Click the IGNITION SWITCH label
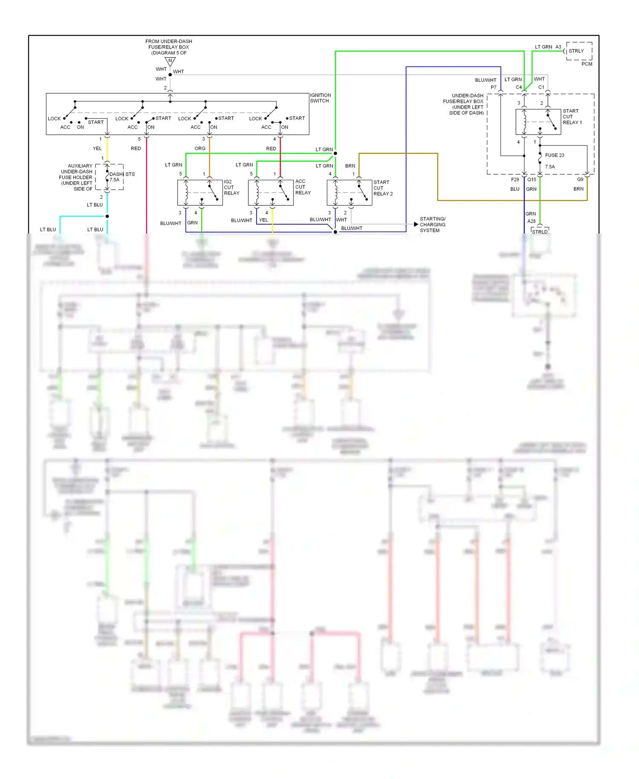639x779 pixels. point(320,98)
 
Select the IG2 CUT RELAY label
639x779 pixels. point(231,188)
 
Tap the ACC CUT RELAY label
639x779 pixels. point(302,187)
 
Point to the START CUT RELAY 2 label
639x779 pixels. point(383,188)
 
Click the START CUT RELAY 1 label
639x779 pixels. point(572,117)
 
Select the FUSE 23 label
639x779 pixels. point(554,155)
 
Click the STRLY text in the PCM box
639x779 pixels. point(576,51)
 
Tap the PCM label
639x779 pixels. point(587,64)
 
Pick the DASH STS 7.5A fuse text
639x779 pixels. point(121,177)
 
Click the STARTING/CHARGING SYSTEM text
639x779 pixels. point(432,225)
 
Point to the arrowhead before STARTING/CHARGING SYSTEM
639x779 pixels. point(416,224)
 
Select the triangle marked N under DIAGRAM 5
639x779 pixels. point(170,61)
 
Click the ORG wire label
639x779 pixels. point(200,149)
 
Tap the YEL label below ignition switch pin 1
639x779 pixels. point(97,149)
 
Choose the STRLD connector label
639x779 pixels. point(540,231)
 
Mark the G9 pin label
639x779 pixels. point(580,179)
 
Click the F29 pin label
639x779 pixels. point(515,179)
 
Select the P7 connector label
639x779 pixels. point(493,87)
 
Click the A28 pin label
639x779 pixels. point(531,221)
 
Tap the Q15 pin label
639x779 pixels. point(532,179)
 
